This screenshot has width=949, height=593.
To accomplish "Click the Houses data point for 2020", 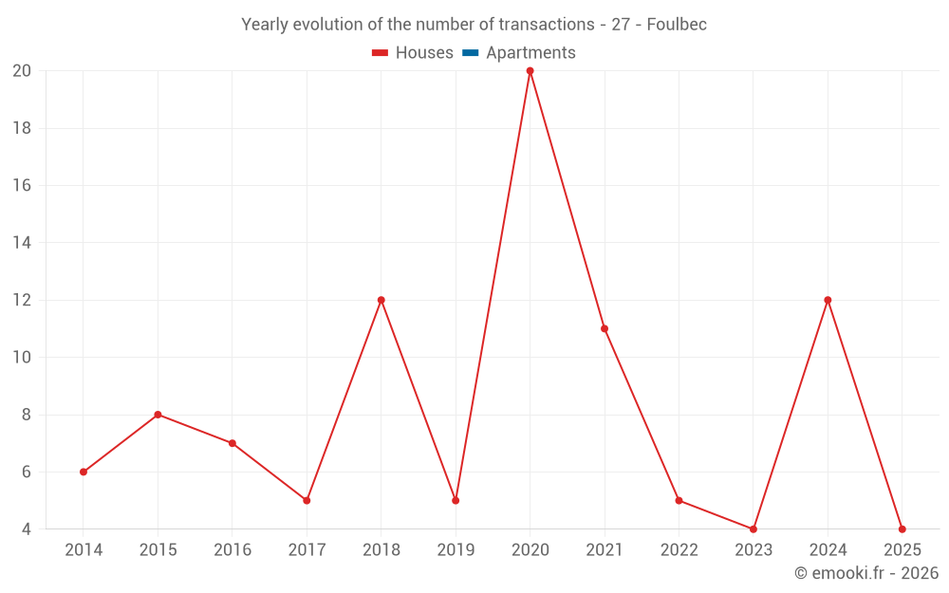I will pyautogui.click(x=530, y=71).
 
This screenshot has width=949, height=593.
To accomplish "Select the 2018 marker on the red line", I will pyautogui.click(x=381, y=300).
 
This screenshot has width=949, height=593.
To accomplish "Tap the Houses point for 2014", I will pyautogui.click(x=84, y=472).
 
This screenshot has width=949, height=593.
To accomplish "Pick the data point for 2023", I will pyautogui.click(x=754, y=528).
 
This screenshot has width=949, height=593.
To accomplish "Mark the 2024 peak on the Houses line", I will pyautogui.click(x=828, y=300).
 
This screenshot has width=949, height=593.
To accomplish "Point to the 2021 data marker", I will pyautogui.click(x=605, y=328).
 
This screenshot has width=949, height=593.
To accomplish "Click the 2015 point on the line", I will pyautogui.click(x=158, y=415).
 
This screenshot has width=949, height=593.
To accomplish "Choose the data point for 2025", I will pyautogui.click(x=902, y=528).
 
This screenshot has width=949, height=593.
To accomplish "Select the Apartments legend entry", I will pyautogui.click(x=530, y=53).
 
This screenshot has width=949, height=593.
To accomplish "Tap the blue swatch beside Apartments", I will pyautogui.click(x=470, y=53).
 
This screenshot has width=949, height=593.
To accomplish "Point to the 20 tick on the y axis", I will pyautogui.click(x=22, y=71).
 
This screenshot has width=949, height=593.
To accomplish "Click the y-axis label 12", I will pyautogui.click(x=22, y=300).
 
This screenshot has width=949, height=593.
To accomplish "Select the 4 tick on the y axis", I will pyautogui.click(x=27, y=528).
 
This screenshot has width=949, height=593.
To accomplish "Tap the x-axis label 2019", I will pyautogui.click(x=456, y=550).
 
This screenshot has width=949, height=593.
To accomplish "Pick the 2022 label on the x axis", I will pyautogui.click(x=679, y=550).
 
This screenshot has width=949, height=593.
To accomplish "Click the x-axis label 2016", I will pyautogui.click(x=233, y=550).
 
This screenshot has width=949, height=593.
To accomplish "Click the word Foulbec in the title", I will pyautogui.click(x=677, y=25).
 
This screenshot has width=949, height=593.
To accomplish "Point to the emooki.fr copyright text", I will pyautogui.click(x=866, y=573).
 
